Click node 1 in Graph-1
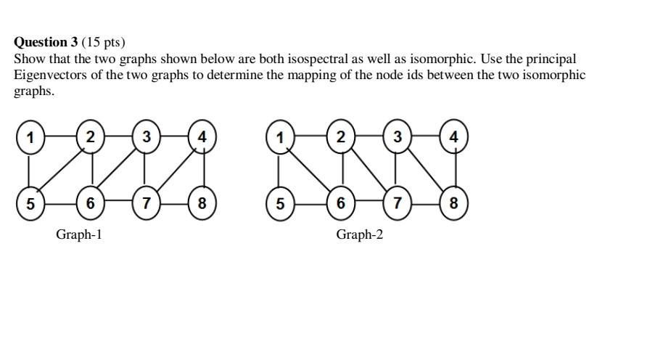pos(30,137)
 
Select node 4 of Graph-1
pos(202,137)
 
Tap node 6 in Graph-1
pos(90,204)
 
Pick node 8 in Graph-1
pos(202,204)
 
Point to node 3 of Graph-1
pos(147,137)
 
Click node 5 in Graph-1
pos(30,204)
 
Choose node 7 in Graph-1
pos(147,204)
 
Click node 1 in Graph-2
pos(281,137)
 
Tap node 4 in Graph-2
pos(454,137)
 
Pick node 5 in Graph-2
pos(281,204)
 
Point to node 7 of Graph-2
pos(397,204)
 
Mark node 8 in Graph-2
pos(454,204)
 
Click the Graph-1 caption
pos(79,234)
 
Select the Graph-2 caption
pos(359,234)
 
